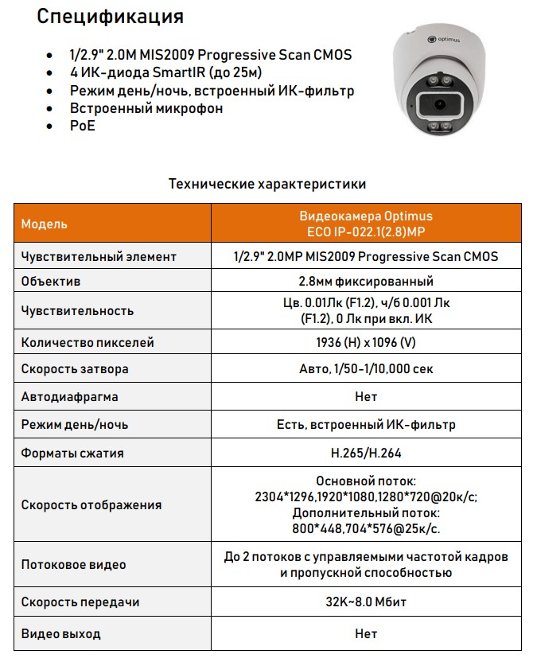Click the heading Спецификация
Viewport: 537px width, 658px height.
pos(111,17)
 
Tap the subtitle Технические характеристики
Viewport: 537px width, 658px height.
pos(267,184)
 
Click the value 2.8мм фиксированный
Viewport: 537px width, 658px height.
pos(366,281)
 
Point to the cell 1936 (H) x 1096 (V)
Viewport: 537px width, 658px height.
pos(366,342)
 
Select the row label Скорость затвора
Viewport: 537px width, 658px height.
pos(75,369)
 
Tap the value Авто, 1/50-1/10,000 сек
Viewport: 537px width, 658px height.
pos(366,369)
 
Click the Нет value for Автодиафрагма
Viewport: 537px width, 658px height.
pos(366,396)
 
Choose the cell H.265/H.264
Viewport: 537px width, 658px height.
pos(366,453)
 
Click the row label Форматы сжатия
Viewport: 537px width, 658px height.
pos(72,453)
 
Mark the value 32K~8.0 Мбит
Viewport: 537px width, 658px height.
pos(366,602)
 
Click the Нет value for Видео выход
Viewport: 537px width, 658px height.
pos(366,634)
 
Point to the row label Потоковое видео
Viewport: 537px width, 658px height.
pos(73,565)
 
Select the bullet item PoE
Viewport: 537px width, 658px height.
pos(82,126)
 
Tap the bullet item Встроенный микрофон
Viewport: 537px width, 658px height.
pos(146,108)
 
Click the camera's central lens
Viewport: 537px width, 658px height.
pos(438,104)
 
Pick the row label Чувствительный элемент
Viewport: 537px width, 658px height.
pos(99,256)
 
